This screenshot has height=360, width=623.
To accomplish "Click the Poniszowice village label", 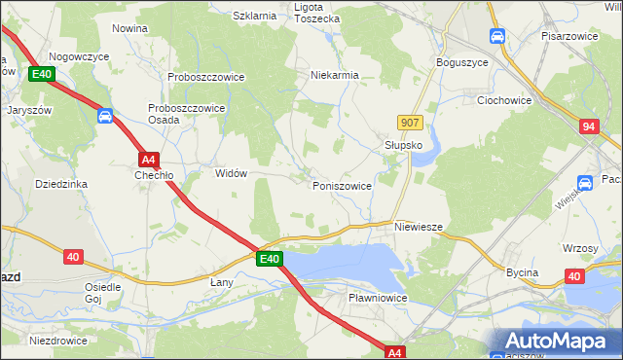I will [342, 185].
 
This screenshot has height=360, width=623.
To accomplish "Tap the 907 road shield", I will [410, 122].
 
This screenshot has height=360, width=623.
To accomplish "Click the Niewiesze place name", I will [420, 227].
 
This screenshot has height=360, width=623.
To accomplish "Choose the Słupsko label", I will [398, 144].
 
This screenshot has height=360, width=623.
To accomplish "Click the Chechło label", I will [154, 176].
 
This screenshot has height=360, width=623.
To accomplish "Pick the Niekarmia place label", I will [335, 74].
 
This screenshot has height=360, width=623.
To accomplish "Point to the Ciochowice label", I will [503, 99].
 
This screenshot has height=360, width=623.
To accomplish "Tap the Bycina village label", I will [522, 272].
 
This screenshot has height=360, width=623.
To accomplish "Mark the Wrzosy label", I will [580, 248].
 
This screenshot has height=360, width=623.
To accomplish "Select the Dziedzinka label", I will [61, 184].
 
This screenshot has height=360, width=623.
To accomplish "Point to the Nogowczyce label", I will [78, 56].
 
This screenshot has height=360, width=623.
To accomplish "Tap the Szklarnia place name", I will [256, 16].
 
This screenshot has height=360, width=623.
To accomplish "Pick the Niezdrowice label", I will [58, 341].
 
